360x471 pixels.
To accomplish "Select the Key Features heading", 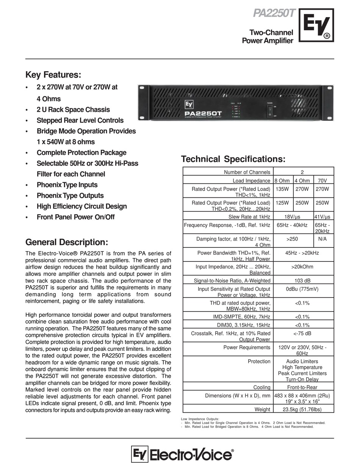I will tap(53, 74).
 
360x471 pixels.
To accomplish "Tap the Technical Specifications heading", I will tap(233, 159).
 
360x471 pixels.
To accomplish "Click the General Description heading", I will tap(67, 242).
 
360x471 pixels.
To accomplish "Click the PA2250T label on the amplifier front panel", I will tap(203, 113).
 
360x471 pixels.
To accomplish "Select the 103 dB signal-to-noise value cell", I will tap(303, 280).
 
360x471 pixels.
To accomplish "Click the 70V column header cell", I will tap(323, 181).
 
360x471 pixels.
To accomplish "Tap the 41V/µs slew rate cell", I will tap(323, 217).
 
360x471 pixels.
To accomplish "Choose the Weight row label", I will tap(262, 409).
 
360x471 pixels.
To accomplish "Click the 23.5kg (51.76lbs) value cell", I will tap(303, 409).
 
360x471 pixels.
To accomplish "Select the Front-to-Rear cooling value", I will tap(303, 387).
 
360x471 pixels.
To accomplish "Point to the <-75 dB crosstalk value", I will tap(303, 333).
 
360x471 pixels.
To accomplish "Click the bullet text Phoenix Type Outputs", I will tap(70, 196).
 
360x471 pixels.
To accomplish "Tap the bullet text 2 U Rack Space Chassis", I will tap(73, 110).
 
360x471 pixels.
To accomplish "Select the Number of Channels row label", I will tap(247, 172).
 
